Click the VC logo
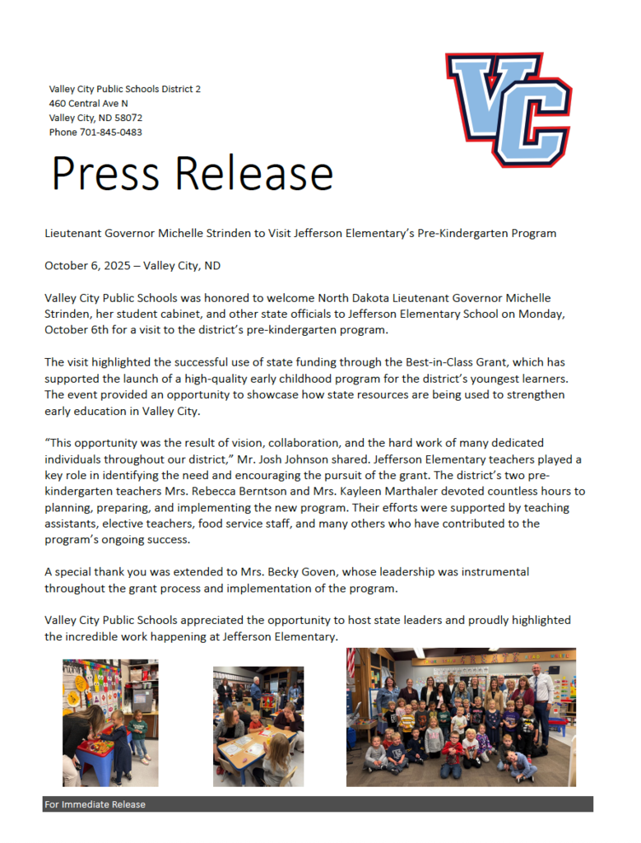tap(508, 109)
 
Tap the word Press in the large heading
tap(105, 173)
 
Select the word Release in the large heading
tap(253, 173)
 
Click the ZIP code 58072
tap(128, 118)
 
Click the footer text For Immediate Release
tap(95, 804)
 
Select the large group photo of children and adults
tap(461, 717)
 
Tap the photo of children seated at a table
tap(258, 726)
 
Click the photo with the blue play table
tap(110, 723)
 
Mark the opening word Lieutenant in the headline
tap(72, 233)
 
